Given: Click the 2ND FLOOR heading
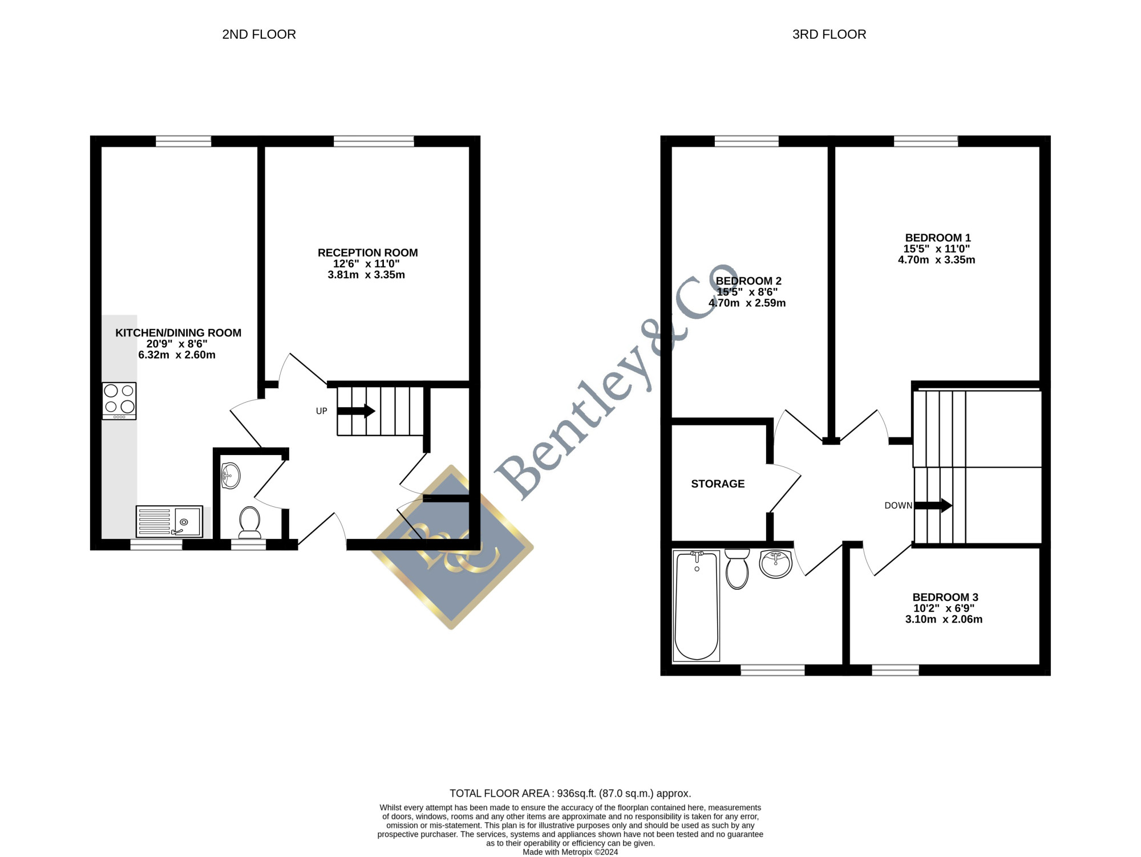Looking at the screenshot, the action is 259,34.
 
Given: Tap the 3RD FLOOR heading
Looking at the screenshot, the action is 829,34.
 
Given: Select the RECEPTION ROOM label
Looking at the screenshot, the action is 367,253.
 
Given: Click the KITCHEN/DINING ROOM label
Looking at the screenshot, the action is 178,333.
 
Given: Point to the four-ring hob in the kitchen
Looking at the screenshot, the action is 119,401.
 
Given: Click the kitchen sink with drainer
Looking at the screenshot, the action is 169,521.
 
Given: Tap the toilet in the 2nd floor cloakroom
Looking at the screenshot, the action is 249,522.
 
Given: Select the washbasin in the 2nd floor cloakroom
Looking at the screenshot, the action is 230,476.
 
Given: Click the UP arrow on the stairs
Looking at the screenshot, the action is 356,411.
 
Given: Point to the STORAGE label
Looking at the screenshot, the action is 718,484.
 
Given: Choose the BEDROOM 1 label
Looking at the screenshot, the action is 938,238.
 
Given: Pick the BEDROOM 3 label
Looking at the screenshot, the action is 945,597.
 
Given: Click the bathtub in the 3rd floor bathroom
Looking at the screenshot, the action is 696,606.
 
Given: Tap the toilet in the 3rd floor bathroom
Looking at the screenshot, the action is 737,569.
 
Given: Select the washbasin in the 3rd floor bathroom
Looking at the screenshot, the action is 776,564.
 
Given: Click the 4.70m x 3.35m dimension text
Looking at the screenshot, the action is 937,260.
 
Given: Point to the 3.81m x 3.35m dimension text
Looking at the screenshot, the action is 366,275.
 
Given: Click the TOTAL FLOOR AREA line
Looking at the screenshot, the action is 570,793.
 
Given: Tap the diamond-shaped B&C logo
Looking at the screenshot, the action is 452,547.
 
